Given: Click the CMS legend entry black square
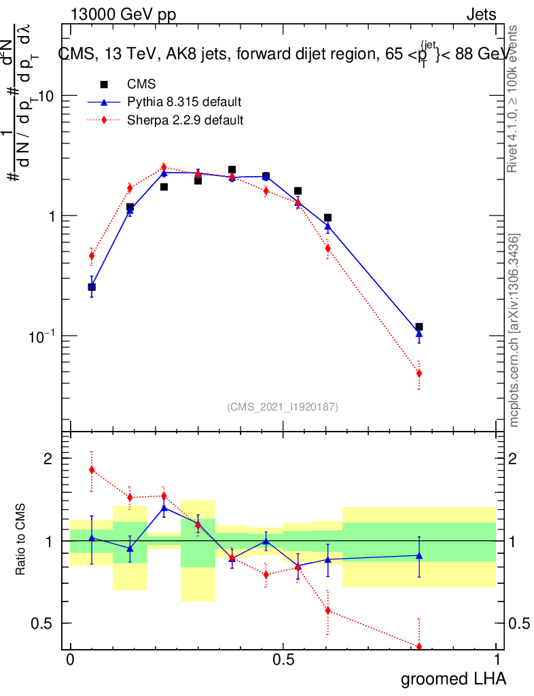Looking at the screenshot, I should click(x=104, y=85).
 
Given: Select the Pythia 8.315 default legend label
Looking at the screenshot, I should click(x=184, y=103).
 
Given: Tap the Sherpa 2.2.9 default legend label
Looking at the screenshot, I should click(x=185, y=120).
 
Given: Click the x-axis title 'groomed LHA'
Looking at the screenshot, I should click(x=453, y=679).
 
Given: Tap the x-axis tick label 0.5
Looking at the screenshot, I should click(x=283, y=660).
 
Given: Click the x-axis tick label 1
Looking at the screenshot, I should click(x=497, y=660).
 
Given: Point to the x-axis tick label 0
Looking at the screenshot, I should click(x=70, y=660).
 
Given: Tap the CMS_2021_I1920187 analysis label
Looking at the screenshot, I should click(x=283, y=406).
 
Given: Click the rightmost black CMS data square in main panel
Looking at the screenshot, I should click(x=419, y=327).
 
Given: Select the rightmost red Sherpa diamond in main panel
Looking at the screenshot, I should click(x=419, y=373).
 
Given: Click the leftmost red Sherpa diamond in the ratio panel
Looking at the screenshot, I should click(x=92, y=470).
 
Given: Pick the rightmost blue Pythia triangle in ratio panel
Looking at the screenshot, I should click(x=419, y=556).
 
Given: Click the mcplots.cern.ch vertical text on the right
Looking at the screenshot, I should click(x=514, y=330).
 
